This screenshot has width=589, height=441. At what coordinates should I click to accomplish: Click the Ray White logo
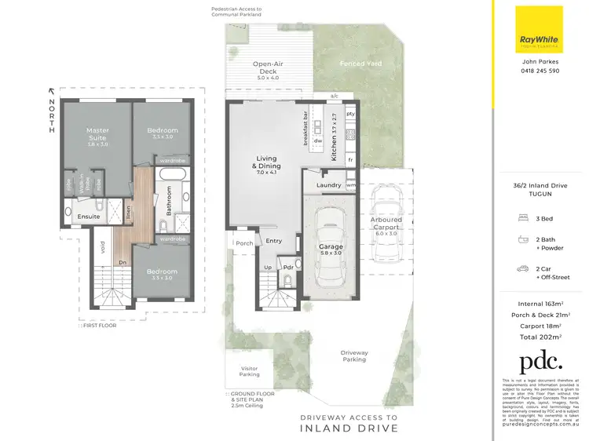(x=538, y=30)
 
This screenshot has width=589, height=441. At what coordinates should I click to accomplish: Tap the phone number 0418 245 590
(x=541, y=71)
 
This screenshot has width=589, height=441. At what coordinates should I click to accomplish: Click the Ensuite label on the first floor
(x=88, y=217)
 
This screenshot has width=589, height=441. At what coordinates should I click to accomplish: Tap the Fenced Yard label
(x=356, y=63)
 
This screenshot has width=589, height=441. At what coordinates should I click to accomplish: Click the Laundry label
(x=327, y=186)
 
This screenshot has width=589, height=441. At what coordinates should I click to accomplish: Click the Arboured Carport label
(x=386, y=224)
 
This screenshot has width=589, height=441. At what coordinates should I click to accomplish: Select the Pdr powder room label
(x=288, y=267)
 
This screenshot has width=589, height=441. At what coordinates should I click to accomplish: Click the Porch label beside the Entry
(x=244, y=243)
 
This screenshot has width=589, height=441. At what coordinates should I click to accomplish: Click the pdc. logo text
(x=540, y=361)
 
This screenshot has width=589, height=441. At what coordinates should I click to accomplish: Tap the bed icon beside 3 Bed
(x=522, y=217)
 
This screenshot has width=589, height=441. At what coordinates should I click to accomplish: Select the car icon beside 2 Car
(x=522, y=269)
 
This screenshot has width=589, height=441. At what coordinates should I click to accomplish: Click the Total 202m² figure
(x=540, y=336)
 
